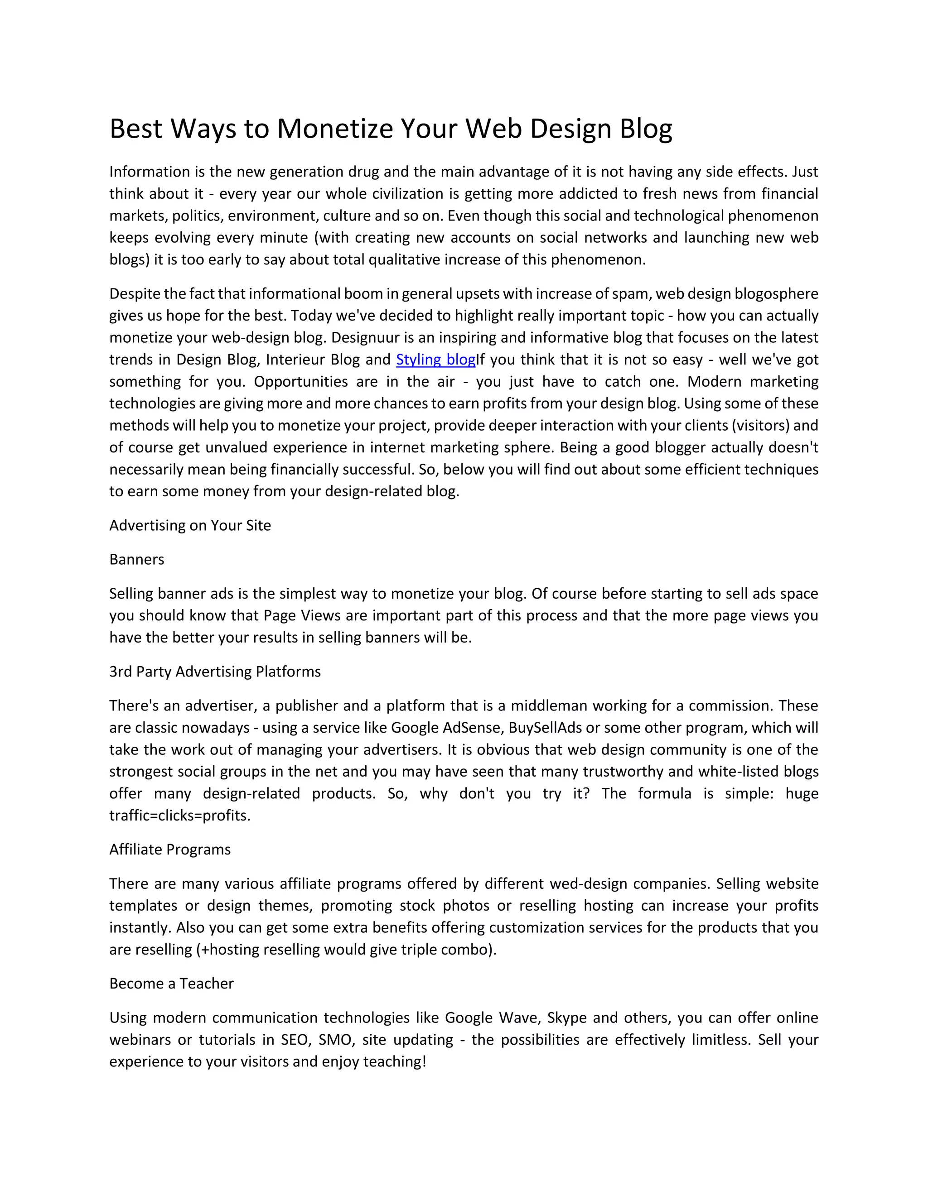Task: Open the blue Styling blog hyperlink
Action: pos(435,360)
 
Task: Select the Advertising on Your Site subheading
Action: pos(190,525)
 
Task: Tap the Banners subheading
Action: pos(136,559)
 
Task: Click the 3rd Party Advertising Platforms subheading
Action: pos(214,672)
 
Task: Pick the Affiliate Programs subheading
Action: pos(170,850)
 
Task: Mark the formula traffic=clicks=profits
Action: pos(179,816)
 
